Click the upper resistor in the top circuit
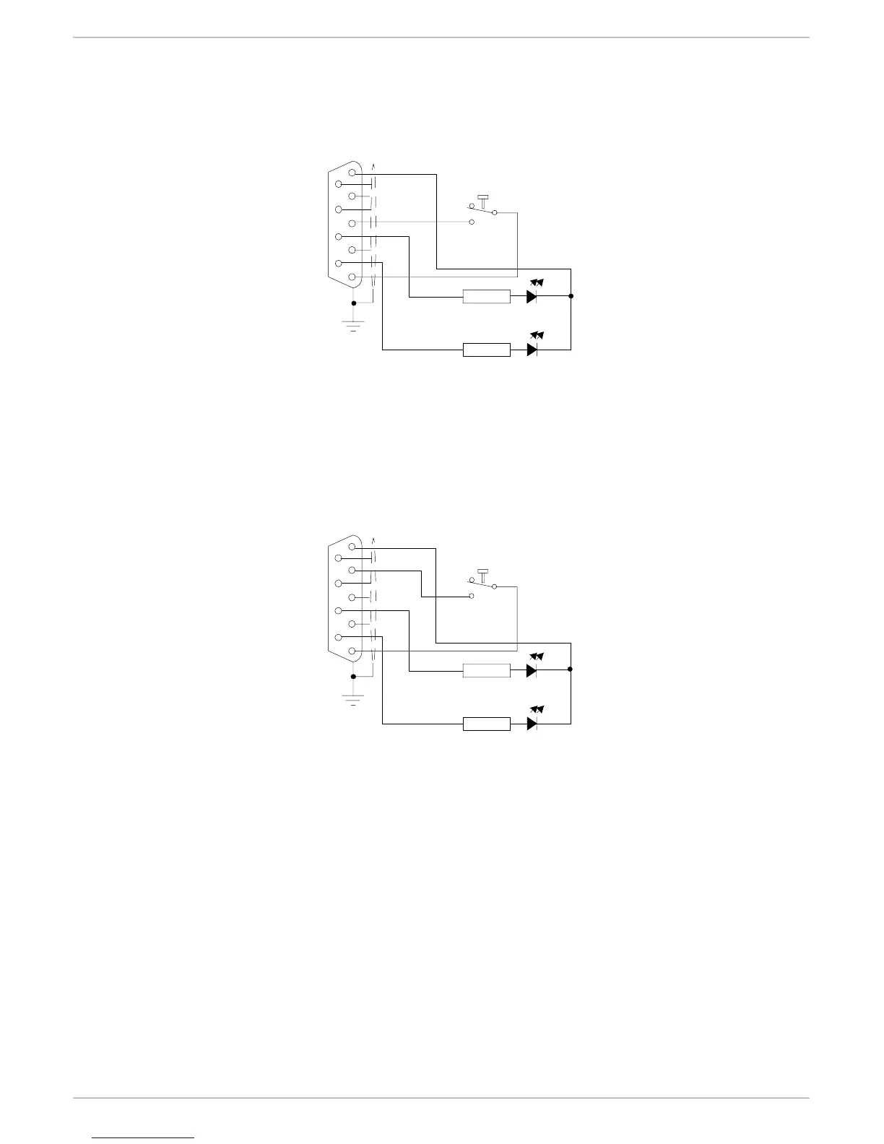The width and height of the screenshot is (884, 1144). tap(486, 296)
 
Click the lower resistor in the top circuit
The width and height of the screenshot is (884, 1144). tap(486, 350)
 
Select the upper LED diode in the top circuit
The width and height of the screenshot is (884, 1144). tap(532, 296)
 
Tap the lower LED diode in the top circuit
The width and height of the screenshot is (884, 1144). tap(532, 350)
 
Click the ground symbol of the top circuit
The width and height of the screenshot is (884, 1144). tap(353, 326)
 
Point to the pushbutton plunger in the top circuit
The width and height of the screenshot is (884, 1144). tap(482, 200)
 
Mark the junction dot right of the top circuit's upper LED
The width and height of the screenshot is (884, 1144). tap(571, 296)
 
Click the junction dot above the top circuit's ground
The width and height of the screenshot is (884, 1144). tap(353, 303)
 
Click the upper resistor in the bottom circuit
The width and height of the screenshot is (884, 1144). tap(486, 670)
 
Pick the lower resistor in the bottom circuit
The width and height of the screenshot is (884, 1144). tap(486, 724)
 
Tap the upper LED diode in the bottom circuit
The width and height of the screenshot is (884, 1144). tap(532, 670)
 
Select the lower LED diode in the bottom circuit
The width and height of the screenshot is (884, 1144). tap(532, 724)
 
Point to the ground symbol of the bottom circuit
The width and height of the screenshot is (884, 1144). tap(353, 699)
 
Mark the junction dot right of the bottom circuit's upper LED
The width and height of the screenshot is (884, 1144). tap(571, 669)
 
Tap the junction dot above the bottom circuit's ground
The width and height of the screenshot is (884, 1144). tap(353, 677)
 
